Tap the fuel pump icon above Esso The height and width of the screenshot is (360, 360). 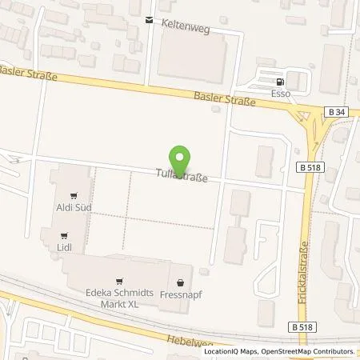[x=278, y=81]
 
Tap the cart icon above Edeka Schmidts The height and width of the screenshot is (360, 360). [x=119, y=281]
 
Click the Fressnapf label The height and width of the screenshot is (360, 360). [x=180, y=293]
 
